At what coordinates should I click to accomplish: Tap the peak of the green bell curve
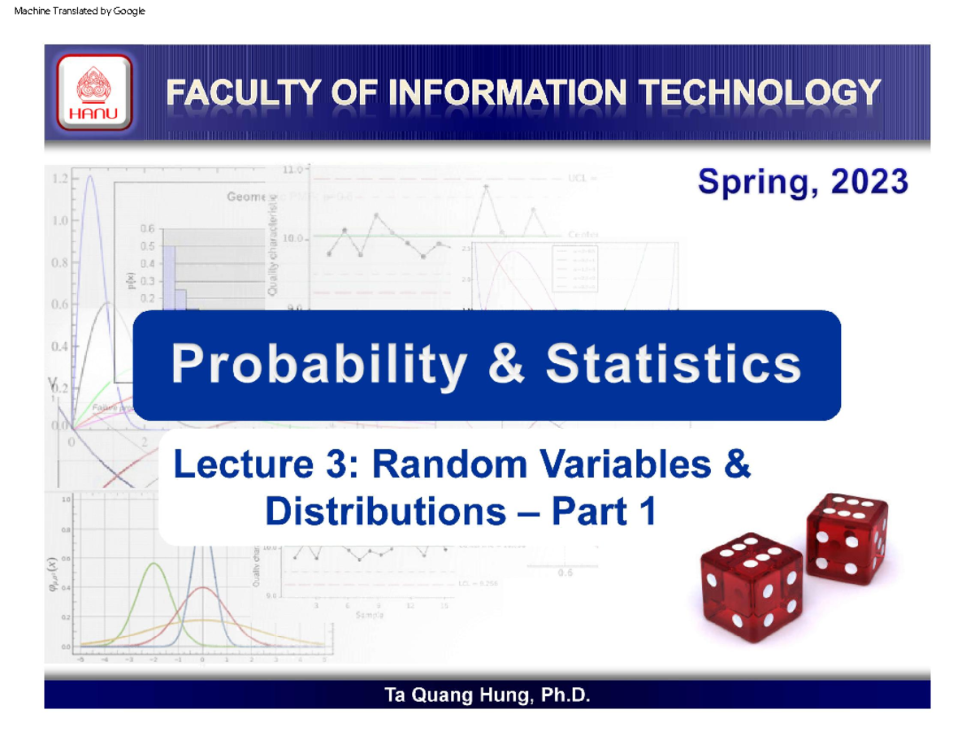[x=153, y=564]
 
